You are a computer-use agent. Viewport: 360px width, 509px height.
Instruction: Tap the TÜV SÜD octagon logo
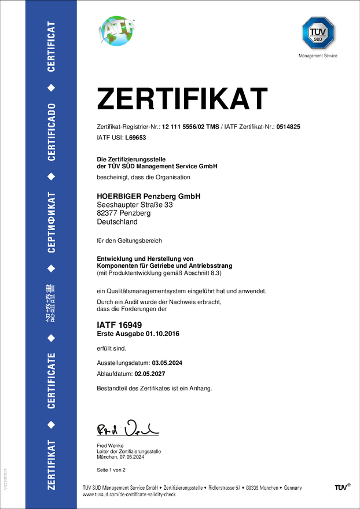(x=317, y=34)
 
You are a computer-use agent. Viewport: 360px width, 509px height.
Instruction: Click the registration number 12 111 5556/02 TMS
(x=190, y=126)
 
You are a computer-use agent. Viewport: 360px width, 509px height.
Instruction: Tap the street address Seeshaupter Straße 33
(x=134, y=205)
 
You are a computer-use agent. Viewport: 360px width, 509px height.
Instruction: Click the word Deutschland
(x=117, y=222)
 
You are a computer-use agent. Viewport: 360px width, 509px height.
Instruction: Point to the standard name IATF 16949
(x=119, y=326)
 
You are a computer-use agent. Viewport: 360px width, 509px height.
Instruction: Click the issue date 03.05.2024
(x=170, y=363)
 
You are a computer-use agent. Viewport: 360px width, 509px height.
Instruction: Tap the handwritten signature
(x=127, y=428)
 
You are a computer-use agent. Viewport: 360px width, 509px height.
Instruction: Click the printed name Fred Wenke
(x=109, y=445)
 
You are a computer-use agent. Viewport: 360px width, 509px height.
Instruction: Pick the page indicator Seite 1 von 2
(x=111, y=470)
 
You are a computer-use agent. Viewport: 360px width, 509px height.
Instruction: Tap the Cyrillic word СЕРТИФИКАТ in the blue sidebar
(x=52, y=223)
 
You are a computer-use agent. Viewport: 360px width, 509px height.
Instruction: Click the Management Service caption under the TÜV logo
(x=317, y=56)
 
